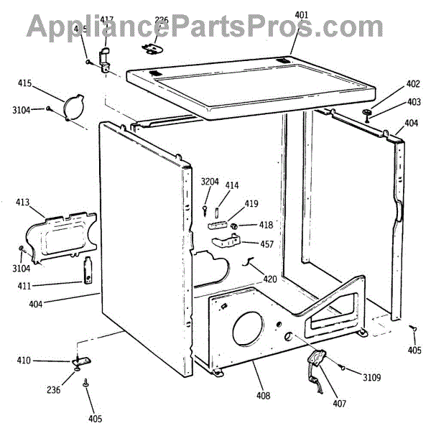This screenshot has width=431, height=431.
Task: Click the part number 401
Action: coord(302,14)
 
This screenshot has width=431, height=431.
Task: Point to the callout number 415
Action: coord(24,83)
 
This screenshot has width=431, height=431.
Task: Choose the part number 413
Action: coord(23,203)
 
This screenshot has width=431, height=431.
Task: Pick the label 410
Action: coord(24,360)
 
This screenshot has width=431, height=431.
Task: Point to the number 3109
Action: coord(372,376)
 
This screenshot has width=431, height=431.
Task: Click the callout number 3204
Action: coord(210,181)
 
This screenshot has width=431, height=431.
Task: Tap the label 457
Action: coord(267,244)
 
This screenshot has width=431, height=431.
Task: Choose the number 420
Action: coord(269,279)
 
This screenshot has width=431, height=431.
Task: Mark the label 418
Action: coord(267,226)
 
